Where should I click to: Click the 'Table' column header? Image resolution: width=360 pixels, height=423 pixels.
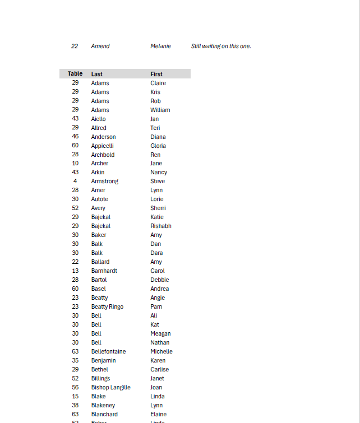pyautogui.click(x=75, y=73)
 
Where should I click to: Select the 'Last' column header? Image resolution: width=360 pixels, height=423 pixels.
pyautogui.click(x=97, y=74)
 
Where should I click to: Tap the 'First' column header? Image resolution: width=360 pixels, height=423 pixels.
pyautogui.click(x=156, y=74)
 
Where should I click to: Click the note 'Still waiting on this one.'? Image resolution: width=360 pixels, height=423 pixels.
pyautogui.click(x=221, y=46)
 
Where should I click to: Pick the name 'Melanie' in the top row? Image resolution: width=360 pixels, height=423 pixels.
pyautogui.click(x=160, y=46)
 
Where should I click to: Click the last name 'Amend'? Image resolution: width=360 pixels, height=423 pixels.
pyautogui.click(x=100, y=46)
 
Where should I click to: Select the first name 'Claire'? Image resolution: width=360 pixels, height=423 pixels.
pyautogui.click(x=158, y=83)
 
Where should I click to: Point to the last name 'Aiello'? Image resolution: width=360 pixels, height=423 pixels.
pyautogui.click(x=99, y=119)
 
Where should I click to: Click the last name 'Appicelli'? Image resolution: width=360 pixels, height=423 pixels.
pyautogui.click(x=103, y=146)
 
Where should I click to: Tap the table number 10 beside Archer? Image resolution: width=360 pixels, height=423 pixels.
pyautogui.click(x=75, y=163)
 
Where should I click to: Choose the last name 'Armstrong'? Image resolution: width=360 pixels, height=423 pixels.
pyautogui.click(x=105, y=181)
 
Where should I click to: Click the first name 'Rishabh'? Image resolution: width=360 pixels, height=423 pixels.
pyautogui.click(x=161, y=226)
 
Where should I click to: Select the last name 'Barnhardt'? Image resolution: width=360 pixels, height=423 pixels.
pyautogui.click(x=104, y=271)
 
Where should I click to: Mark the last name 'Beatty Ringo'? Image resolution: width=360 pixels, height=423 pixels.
pyautogui.click(x=107, y=306)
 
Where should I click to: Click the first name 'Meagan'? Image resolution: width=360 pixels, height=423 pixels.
pyautogui.click(x=160, y=333)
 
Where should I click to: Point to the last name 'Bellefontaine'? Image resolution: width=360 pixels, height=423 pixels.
pyautogui.click(x=109, y=351)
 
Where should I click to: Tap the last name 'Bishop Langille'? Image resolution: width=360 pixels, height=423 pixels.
pyautogui.click(x=111, y=387)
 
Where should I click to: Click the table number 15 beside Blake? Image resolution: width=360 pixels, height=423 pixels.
pyautogui.click(x=75, y=396)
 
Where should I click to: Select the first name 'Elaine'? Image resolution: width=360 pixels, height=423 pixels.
pyautogui.click(x=159, y=414)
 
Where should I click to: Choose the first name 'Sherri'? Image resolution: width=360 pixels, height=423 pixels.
pyautogui.click(x=158, y=208)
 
